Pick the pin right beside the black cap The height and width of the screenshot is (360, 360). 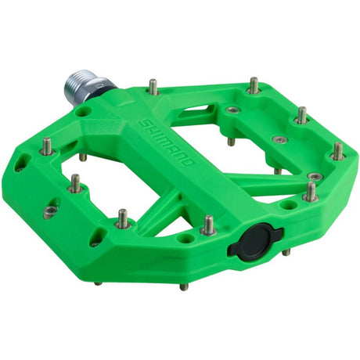tap(209, 225)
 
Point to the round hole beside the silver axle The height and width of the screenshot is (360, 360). tap(84, 111)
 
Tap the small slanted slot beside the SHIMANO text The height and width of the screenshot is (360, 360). tap(191, 109)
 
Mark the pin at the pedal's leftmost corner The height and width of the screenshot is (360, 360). tap(46, 146)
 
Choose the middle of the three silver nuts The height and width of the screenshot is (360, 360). tap(279, 139)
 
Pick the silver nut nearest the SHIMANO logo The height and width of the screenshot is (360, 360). tap(233, 110)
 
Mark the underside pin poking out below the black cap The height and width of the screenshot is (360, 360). tap(286, 252)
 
